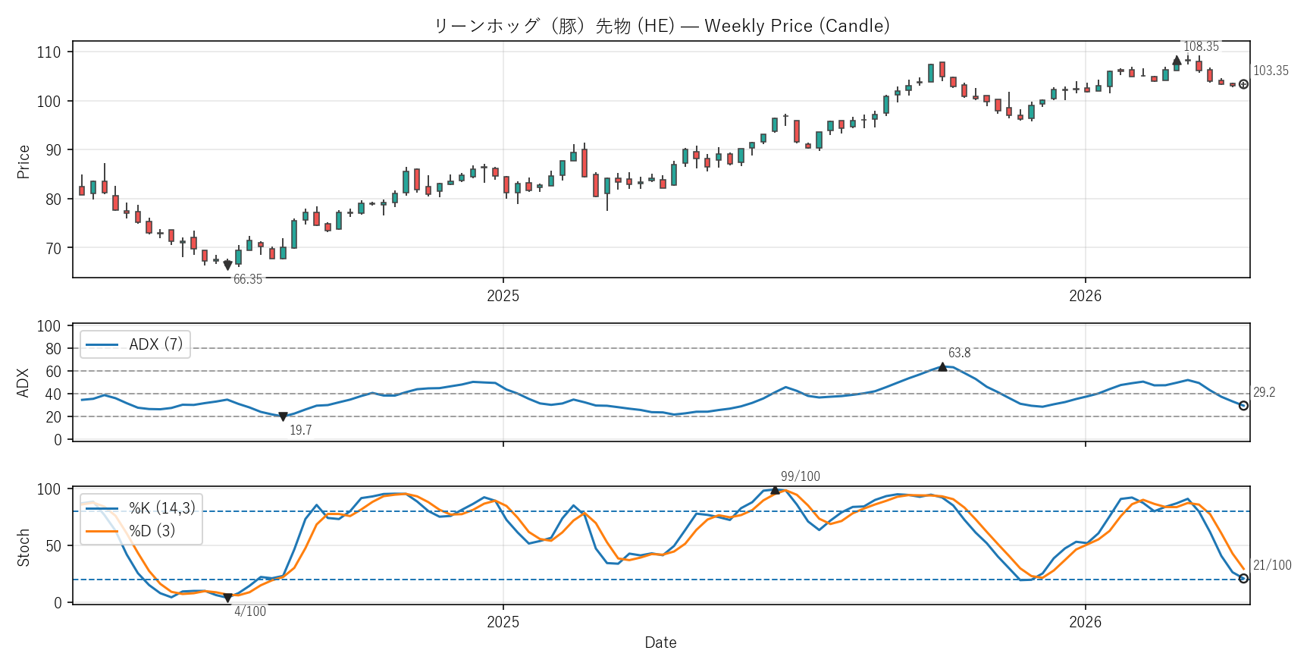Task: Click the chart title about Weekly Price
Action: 661,26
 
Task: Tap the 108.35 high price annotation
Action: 1201,46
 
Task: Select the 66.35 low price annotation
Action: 247,279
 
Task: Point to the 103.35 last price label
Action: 1270,71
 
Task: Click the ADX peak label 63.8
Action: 959,353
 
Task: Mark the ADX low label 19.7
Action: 300,430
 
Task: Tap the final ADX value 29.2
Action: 1264,392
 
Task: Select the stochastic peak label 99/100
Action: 800,476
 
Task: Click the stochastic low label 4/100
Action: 249,611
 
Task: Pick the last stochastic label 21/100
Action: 1271,565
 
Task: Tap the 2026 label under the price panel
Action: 1085,296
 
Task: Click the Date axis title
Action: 660,642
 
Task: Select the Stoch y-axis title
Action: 24,547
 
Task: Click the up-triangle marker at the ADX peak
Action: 942,367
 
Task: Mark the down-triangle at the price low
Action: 227,265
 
